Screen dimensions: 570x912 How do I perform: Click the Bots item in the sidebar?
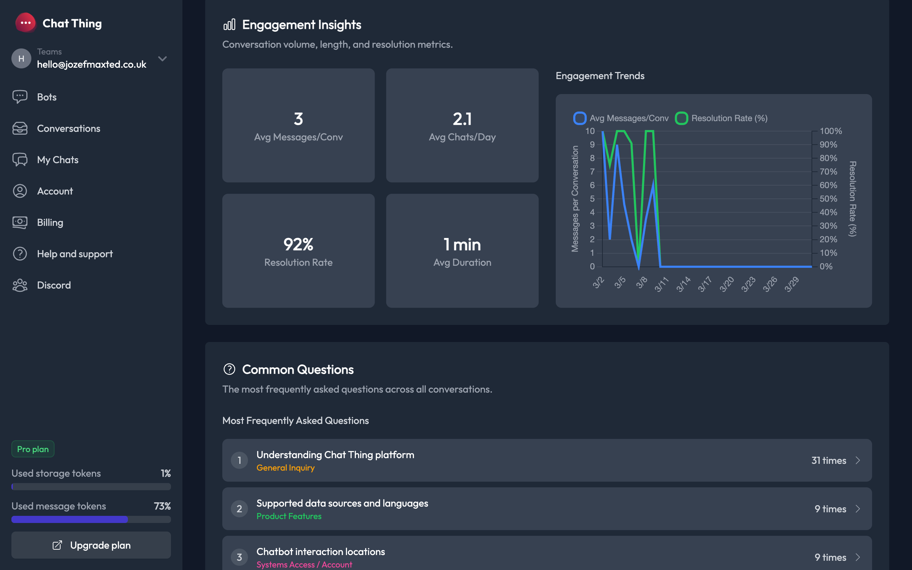pos(46,97)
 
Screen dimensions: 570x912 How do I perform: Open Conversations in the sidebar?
pos(68,129)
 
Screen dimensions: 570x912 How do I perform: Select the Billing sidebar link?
pos(50,222)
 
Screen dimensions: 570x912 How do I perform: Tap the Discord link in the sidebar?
pos(53,285)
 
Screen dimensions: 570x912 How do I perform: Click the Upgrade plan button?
pos(91,545)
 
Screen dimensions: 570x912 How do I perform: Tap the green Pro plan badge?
pos(33,449)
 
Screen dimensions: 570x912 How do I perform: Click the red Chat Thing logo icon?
pos(26,23)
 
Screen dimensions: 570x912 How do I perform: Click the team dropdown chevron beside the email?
pos(162,59)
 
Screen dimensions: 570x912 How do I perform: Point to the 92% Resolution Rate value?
pos(298,245)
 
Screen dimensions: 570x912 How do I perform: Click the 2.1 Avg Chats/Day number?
pos(462,119)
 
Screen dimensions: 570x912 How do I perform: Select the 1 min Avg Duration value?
pos(462,245)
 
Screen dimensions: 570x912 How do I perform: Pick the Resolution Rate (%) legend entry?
pos(721,118)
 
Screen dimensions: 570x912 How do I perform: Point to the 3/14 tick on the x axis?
pos(683,284)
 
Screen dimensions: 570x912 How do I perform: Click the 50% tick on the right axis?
pos(828,199)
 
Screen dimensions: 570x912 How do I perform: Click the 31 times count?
pos(828,460)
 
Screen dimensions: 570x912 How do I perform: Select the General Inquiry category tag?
pos(285,468)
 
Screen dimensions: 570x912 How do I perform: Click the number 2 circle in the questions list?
pos(239,509)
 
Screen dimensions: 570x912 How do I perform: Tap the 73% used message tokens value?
pos(162,506)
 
